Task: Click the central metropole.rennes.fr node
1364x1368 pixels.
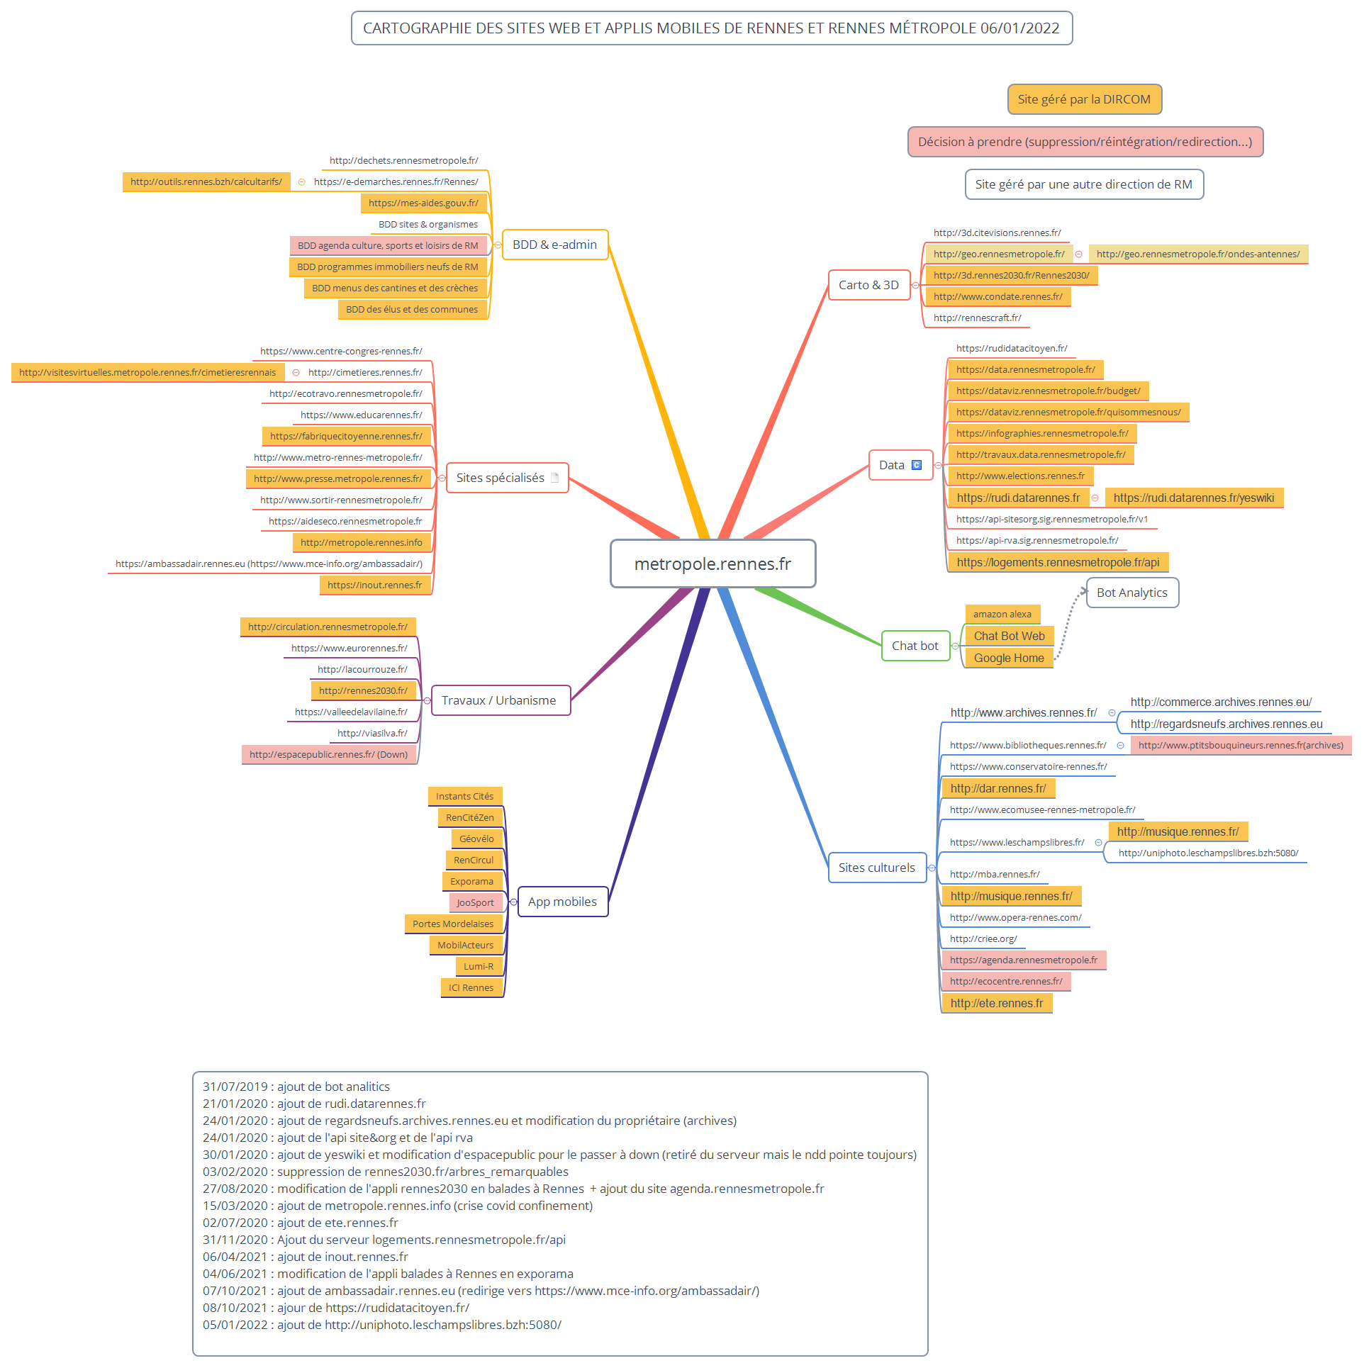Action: pos(712,564)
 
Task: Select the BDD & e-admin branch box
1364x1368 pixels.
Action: pos(554,245)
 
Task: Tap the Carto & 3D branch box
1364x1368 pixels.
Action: pos(868,285)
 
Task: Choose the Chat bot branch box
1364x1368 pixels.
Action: pos(915,646)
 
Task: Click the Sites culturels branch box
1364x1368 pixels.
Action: pos(876,868)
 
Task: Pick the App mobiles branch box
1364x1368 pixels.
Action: pos(562,902)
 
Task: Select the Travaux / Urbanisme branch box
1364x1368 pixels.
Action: pos(499,700)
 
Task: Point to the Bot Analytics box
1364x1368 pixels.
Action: pos(1131,593)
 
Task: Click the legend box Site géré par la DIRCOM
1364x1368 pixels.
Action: pos(1084,99)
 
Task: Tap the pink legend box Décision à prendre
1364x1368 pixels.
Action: pos(1085,142)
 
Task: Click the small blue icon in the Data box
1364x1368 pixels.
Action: pos(917,465)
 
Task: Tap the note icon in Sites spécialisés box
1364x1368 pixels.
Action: pos(555,478)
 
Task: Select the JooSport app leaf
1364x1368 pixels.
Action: pos(475,902)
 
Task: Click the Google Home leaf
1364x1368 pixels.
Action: pos(1009,658)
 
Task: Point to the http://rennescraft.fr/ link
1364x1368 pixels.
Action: pos(977,318)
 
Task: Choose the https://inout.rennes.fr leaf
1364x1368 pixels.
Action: pos(374,585)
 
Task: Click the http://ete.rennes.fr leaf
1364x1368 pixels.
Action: pos(996,1003)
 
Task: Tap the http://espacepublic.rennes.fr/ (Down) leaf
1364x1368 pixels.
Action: pos(328,754)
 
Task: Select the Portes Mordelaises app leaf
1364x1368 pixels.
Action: pos(453,924)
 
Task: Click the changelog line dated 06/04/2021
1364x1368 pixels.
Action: pos(306,1257)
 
